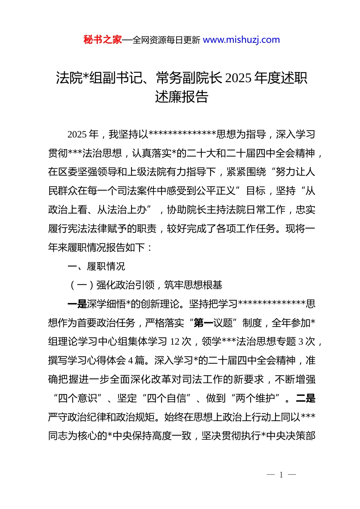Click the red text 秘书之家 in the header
coord(103,40)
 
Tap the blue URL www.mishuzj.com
coord(241,40)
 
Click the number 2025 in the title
coord(238,78)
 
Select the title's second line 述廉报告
coord(182,97)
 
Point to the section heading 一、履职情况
coord(96,266)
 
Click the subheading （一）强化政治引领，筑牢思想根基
coord(145,285)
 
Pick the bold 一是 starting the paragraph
coord(77,304)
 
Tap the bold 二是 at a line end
coord(305,398)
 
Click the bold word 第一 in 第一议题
coord(203,323)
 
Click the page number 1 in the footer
coord(281,475)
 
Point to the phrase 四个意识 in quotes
coord(78,398)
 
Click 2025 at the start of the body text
coord(77,134)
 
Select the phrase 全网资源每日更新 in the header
coord(166,40)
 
